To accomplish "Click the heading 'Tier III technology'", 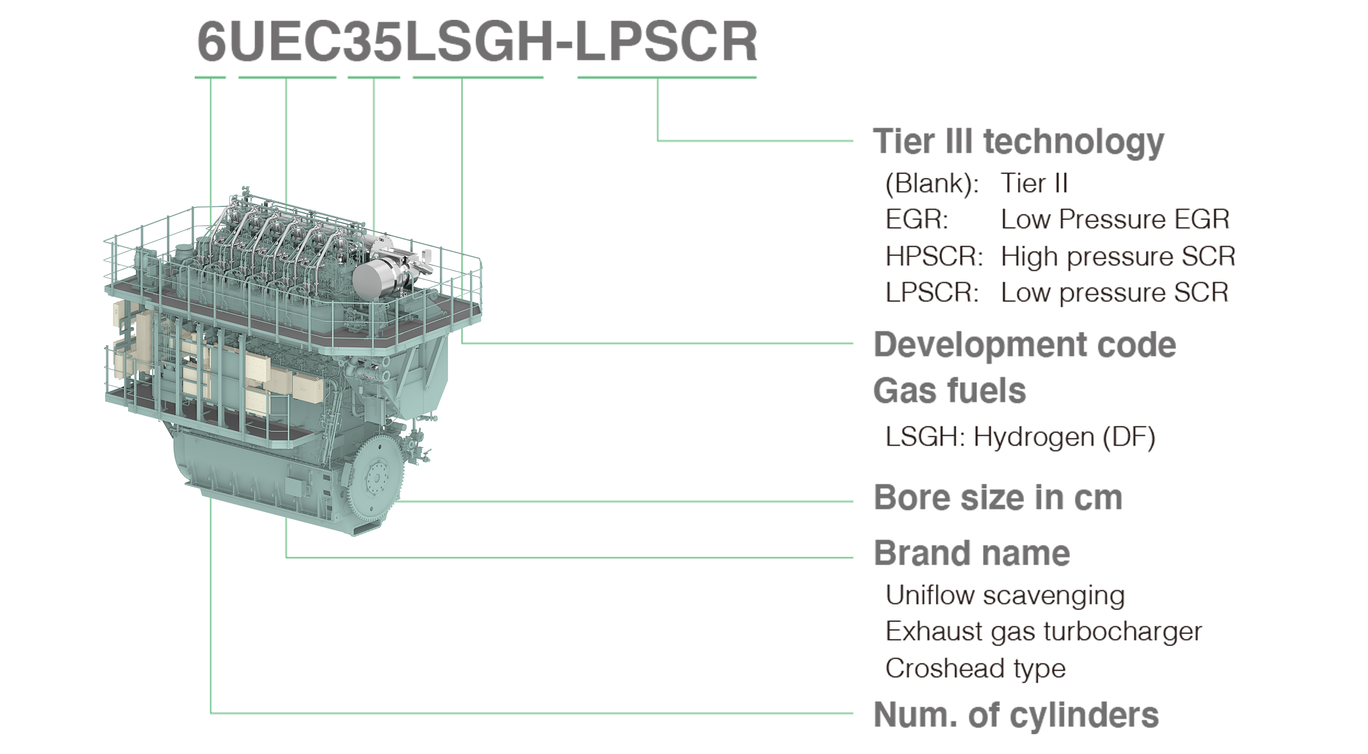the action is [x=1018, y=142].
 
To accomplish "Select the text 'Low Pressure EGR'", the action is [x=1115, y=219].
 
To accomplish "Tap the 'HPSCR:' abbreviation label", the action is [x=934, y=256].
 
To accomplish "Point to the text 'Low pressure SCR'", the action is [x=1115, y=293].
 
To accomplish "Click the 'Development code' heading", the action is [x=1025, y=344].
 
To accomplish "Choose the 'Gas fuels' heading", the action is [x=950, y=391].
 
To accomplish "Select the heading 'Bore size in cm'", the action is [x=998, y=498].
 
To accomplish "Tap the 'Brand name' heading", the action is [x=972, y=553].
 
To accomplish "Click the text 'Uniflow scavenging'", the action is [x=1005, y=595].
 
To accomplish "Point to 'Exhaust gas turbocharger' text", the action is [x=1044, y=632].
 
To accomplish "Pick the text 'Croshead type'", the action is [x=976, y=668].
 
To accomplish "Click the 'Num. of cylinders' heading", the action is [x=1016, y=715].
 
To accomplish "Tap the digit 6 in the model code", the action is [x=211, y=42].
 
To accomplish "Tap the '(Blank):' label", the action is [x=931, y=183].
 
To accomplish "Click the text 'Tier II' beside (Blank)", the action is [x=1034, y=183].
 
